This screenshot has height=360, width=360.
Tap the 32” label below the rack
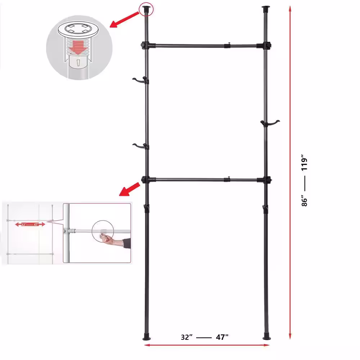(187, 337)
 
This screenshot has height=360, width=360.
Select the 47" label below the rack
(222, 337)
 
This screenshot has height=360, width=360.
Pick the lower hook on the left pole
(140, 146)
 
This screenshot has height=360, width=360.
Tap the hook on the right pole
(271, 123)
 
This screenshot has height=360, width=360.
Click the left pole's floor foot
(148, 338)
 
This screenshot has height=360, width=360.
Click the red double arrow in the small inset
(30, 224)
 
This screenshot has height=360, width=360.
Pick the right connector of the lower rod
(266, 179)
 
